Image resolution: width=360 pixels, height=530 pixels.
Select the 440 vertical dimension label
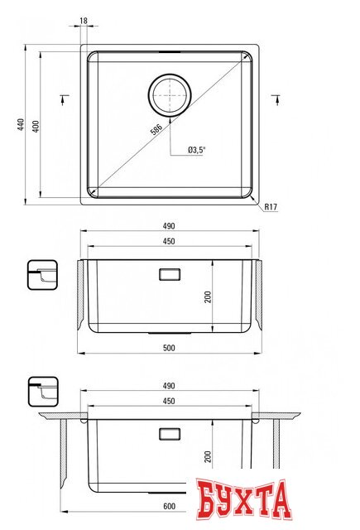(x=19, y=124)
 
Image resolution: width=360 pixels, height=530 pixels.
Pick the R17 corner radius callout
(x=270, y=207)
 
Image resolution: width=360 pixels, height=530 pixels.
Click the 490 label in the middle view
(x=170, y=226)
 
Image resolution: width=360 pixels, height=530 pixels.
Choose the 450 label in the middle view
(x=170, y=242)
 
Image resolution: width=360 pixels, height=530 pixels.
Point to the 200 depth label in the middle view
(x=209, y=296)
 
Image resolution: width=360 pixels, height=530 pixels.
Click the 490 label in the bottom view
(x=170, y=386)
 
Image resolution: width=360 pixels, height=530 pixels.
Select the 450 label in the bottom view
(x=170, y=402)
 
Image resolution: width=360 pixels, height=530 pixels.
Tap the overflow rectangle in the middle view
(x=169, y=272)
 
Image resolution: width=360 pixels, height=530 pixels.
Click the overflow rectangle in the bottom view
(x=169, y=433)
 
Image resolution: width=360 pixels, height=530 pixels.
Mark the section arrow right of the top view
(x=275, y=101)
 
